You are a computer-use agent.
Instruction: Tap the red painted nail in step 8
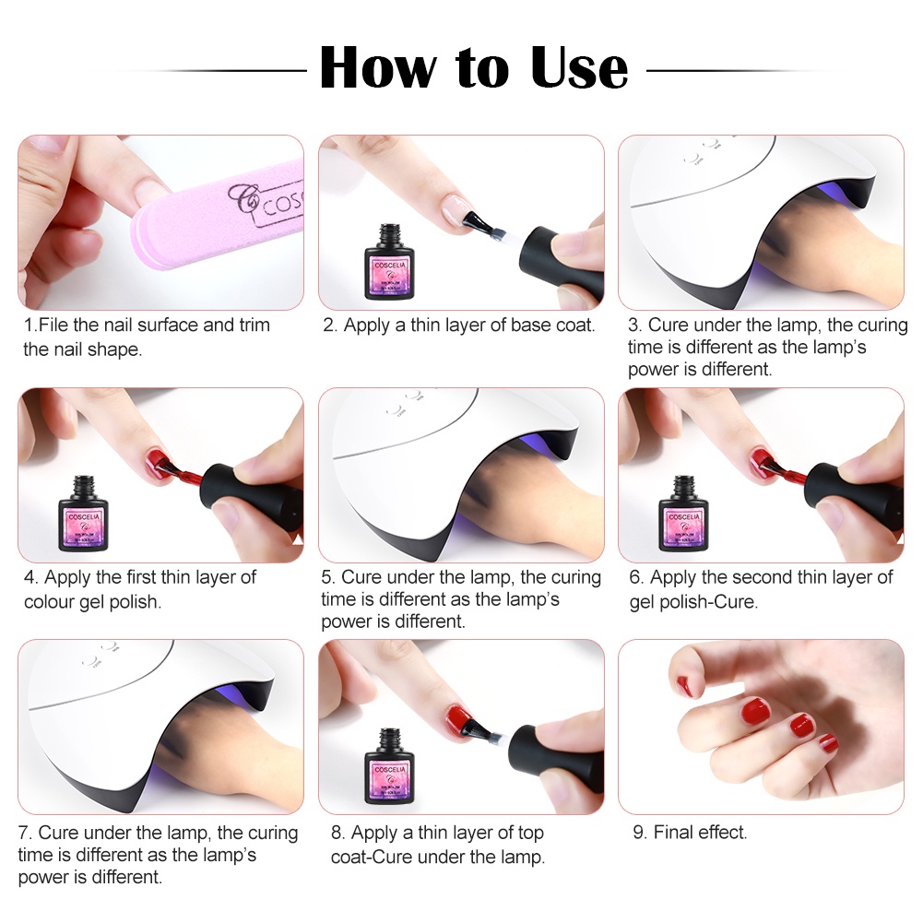(456, 716)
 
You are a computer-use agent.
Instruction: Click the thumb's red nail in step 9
(684, 685)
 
